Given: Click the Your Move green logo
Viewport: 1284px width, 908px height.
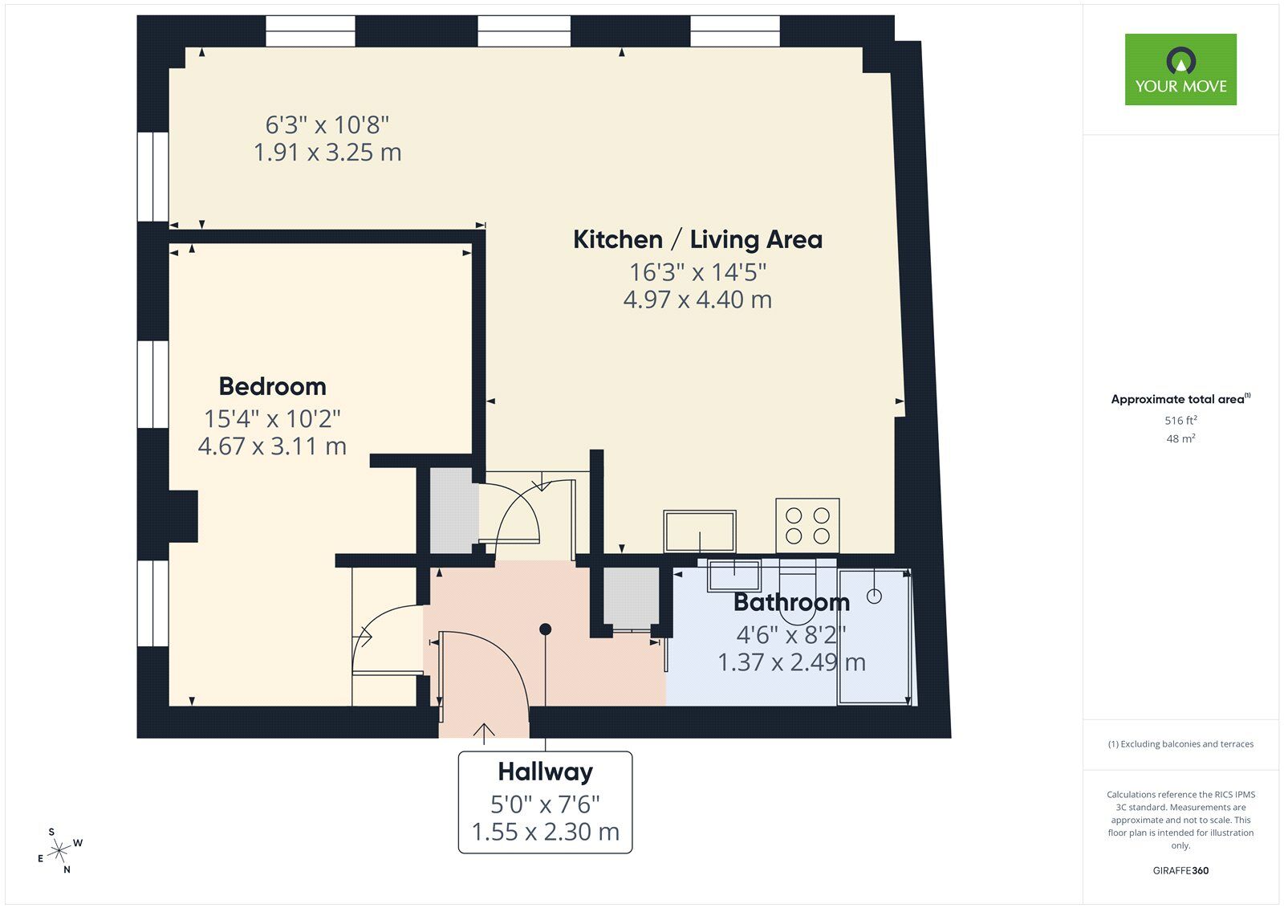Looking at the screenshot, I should click(1180, 69).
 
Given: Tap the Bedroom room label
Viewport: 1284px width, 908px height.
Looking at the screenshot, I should click(272, 386).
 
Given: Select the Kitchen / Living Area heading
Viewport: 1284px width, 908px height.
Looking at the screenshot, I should click(697, 239).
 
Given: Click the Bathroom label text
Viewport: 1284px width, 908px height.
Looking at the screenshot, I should click(790, 601).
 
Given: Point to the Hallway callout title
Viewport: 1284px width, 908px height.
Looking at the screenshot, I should click(545, 772).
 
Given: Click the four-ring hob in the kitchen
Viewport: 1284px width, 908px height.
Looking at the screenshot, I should click(807, 526).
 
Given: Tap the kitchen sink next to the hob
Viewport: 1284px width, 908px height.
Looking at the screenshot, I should click(699, 531).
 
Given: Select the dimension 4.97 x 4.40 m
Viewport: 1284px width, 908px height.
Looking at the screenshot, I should click(697, 299).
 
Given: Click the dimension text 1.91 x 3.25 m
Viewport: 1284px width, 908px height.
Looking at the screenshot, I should click(327, 152).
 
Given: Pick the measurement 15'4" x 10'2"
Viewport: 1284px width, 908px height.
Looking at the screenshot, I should click(272, 418).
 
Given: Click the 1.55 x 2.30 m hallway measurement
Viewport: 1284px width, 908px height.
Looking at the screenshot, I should click(545, 832).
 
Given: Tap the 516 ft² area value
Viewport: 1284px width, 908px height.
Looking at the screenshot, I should click(1180, 421).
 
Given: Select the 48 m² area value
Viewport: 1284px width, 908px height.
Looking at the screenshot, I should click(1180, 438).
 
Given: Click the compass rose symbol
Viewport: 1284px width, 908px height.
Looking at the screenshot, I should click(60, 851).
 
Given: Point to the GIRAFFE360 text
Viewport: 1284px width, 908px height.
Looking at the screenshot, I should click(1180, 870).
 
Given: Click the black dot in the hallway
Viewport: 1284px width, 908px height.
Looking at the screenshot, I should click(546, 629).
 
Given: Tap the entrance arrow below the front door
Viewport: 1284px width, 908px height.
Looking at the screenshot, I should click(484, 733).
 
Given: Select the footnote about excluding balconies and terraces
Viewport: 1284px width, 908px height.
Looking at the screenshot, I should click(1180, 744).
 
